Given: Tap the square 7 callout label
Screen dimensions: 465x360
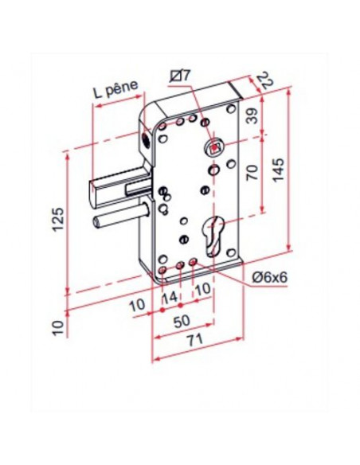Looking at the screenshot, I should (181, 76).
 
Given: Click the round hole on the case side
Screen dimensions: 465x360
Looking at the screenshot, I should (147, 139).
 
